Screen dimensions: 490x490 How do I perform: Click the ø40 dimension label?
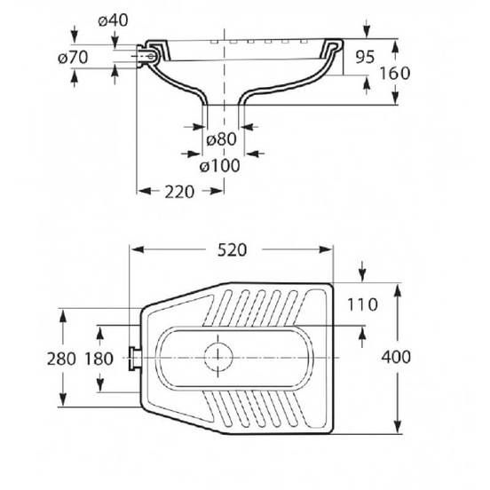click(113, 20)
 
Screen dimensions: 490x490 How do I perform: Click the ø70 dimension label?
click(73, 58)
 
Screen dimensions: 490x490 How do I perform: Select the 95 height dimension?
click(365, 57)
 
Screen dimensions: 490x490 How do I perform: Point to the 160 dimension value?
click(394, 73)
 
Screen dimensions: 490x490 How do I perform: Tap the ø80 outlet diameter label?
click(221, 139)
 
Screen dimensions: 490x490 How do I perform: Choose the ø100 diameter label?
click(219, 166)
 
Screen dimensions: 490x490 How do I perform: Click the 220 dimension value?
click(179, 192)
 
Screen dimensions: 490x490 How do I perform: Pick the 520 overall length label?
click(232, 249)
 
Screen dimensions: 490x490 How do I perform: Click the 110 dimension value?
click(362, 304)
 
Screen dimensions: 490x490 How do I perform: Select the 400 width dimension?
click(396, 357)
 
